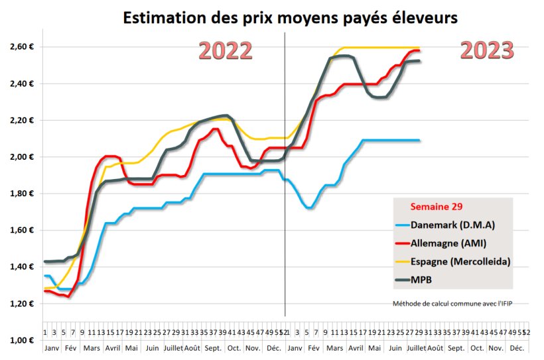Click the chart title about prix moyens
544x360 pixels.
tap(290, 18)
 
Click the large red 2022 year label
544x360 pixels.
tap(226, 51)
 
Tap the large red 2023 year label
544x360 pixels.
tap(487, 50)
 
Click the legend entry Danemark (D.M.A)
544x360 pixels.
tap(452, 225)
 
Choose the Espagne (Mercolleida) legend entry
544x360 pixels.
tap(460, 261)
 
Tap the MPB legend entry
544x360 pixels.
tap(423, 280)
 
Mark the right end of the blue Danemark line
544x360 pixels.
tap(419, 140)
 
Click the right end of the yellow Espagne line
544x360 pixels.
tap(419, 48)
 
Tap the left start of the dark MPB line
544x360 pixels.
tap(44, 261)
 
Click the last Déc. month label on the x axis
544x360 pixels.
tap(517, 348)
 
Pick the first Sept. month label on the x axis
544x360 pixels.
tap(213, 348)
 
